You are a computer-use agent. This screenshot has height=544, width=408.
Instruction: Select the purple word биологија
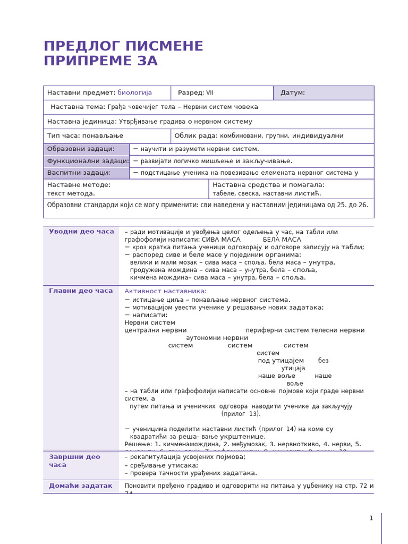(134, 93)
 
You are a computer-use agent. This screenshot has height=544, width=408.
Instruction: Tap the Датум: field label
(293, 93)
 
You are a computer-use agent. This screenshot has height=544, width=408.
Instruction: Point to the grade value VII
(210, 93)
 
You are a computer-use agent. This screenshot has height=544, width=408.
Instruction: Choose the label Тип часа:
(64, 136)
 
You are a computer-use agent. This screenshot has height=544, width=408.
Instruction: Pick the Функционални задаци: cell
(86, 161)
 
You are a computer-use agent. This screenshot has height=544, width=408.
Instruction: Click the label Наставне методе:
(79, 185)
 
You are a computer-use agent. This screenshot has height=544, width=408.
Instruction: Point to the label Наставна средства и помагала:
(268, 185)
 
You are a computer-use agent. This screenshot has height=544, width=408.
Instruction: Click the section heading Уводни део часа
(81, 232)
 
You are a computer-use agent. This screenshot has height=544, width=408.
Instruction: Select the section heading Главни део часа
(81, 291)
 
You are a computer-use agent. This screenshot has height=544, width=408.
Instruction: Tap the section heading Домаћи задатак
(81, 486)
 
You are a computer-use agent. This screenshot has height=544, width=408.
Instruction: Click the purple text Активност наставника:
(165, 291)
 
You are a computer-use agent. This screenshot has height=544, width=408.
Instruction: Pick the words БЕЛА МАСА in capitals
(282, 240)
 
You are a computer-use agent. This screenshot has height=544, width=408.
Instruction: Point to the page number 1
(371, 518)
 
